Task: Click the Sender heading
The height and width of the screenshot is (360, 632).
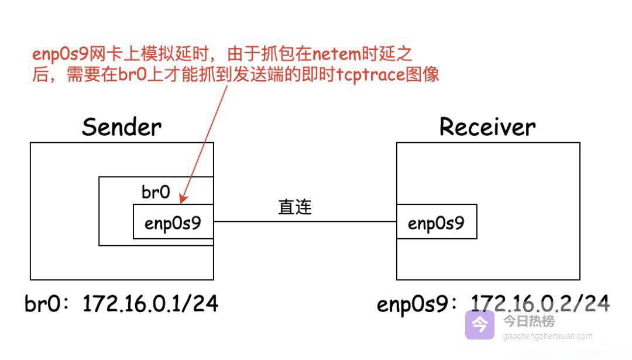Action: tap(122, 127)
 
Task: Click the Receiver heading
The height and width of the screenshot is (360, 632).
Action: tap(487, 127)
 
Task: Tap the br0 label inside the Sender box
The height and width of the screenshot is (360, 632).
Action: tap(156, 192)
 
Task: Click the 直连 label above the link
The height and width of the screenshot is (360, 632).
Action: tap(295, 207)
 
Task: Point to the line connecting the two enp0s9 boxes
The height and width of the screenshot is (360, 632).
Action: tap(304, 222)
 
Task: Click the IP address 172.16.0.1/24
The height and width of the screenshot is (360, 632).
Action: tap(150, 304)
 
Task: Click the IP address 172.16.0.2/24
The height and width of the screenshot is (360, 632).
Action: tap(540, 303)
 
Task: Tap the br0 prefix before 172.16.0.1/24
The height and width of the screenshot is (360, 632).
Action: tap(42, 304)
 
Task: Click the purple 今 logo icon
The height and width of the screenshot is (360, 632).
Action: tap(480, 325)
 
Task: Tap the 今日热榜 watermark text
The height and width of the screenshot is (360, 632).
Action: tap(529, 321)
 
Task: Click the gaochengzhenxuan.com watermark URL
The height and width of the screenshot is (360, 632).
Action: tap(548, 337)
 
